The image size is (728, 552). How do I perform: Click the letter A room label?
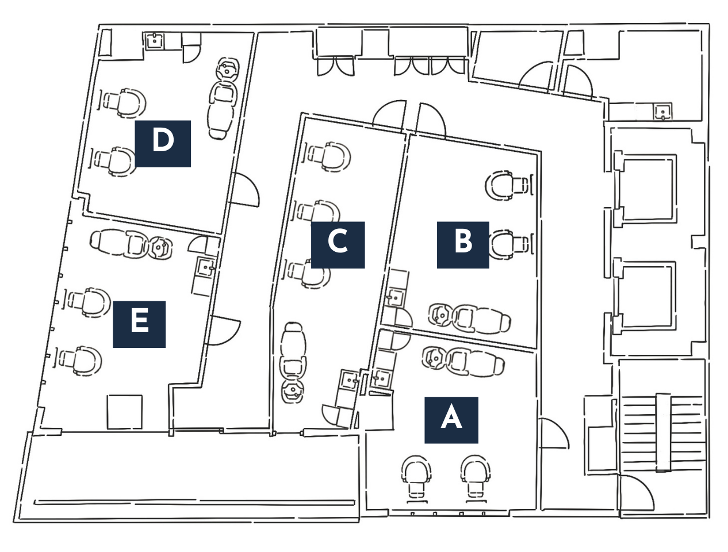click(x=451, y=420)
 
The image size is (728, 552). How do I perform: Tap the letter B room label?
click(x=463, y=245)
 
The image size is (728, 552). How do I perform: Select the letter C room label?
click(x=338, y=245)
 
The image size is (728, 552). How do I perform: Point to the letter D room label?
click(x=163, y=144)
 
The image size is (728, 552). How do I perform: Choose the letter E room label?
click(x=139, y=324)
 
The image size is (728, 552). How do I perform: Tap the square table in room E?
click(x=124, y=412)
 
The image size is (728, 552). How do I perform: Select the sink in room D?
click(x=154, y=41)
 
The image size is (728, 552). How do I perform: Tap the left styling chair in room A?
click(x=416, y=475)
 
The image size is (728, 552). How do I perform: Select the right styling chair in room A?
click(x=476, y=475)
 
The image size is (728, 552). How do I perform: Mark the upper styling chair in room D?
click(x=123, y=102)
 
